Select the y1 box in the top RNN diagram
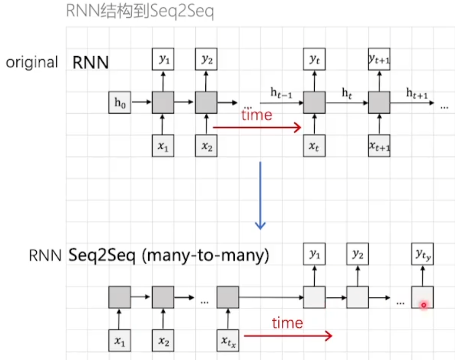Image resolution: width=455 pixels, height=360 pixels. pyautogui.click(x=162, y=59)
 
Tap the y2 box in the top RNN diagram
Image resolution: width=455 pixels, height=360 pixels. pyautogui.click(x=206, y=59)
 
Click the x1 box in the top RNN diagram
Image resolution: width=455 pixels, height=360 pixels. pyautogui.click(x=162, y=146)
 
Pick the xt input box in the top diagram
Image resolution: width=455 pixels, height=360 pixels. pyautogui.click(x=314, y=146)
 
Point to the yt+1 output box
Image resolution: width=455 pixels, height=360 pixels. pyautogui.click(x=379, y=59)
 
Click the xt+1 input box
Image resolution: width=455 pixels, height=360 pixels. pyautogui.click(x=379, y=146)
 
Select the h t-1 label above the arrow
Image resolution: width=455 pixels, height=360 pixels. pyautogui.click(x=281, y=92)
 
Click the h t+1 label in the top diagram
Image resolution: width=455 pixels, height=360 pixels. pyautogui.click(x=417, y=92)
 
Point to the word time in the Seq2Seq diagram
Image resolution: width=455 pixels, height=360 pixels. pyautogui.click(x=287, y=323)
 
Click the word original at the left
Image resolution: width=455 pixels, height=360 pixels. pyautogui.click(x=32, y=63)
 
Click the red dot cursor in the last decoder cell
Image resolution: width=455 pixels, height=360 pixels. pyautogui.click(x=423, y=305)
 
